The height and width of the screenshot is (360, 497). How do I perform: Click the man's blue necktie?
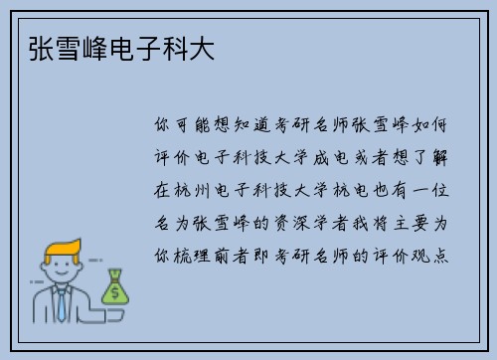pyautogui.click(x=62, y=304)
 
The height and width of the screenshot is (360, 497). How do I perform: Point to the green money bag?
pyautogui.click(x=115, y=288)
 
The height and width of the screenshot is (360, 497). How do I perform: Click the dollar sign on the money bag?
pyautogui.click(x=115, y=292)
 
